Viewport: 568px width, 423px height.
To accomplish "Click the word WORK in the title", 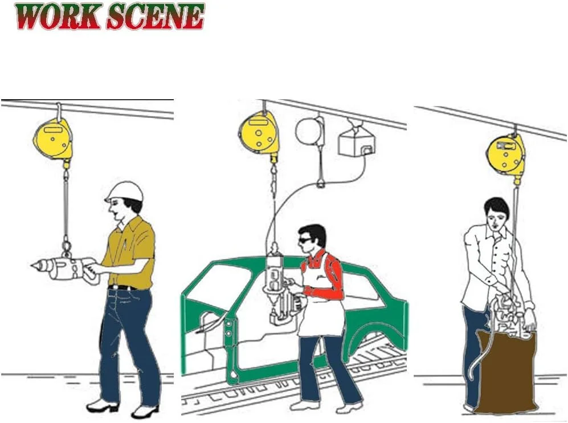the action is [x=58, y=17].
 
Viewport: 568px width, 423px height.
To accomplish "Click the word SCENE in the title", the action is [x=156, y=17].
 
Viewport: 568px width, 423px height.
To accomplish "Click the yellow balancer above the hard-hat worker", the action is [x=53, y=139].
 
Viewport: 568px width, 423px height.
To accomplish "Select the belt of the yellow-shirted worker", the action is [x=123, y=287].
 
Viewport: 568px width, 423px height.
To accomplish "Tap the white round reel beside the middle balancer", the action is [x=309, y=131].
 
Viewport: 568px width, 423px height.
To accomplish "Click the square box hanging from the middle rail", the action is [x=357, y=143].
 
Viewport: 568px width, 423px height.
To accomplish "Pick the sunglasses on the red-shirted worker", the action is [x=305, y=241].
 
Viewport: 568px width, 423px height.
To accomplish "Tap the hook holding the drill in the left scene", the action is [x=66, y=246].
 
